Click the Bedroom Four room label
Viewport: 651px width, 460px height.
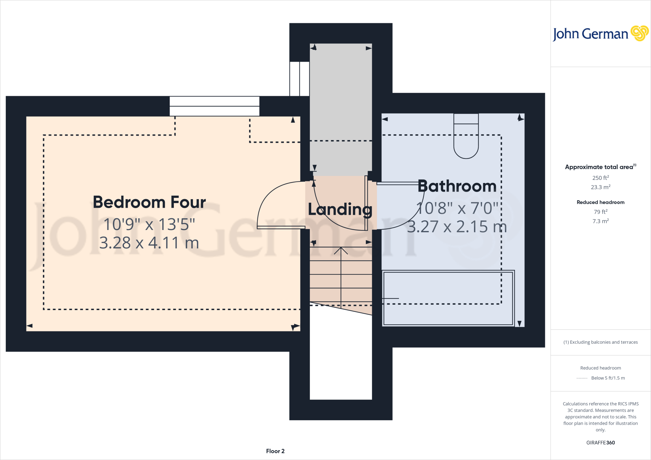pyautogui.click(x=149, y=202)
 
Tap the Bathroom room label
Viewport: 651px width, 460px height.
pyautogui.click(x=457, y=186)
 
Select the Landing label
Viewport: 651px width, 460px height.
pyautogui.click(x=340, y=209)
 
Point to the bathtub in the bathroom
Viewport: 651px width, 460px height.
pyautogui.click(x=448, y=298)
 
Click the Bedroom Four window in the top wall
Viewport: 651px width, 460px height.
pyautogui.click(x=215, y=106)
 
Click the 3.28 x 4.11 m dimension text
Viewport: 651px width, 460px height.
pyautogui.click(x=149, y=243)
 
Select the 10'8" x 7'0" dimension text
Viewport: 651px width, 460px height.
pyautogui.click(x=457, y=208)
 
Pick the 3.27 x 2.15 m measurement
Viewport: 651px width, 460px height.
pyautogui.click(x=457, y=227)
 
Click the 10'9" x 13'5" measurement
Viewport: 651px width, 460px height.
pyautogui.click(x=149, y=225)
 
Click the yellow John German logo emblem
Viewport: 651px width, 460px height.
pyautogui.click(x=639, y=33)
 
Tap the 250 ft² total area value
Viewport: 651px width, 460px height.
pyautogui.click(x=600, y=178)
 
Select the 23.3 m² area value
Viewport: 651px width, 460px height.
pyautogui.click(x=600, y=187)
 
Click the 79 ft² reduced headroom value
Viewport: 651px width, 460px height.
pyautogui.click(x=600, y=212)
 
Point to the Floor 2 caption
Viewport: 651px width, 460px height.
pyautogui.click(x=275, y=451)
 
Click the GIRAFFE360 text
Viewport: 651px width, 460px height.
pyautogui.click(x=600, y=443)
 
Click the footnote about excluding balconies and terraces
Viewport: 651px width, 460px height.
pyautogui.click(x=600, y=342)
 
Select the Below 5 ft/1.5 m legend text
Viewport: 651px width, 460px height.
pyautogui.click(x=608, y=378)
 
